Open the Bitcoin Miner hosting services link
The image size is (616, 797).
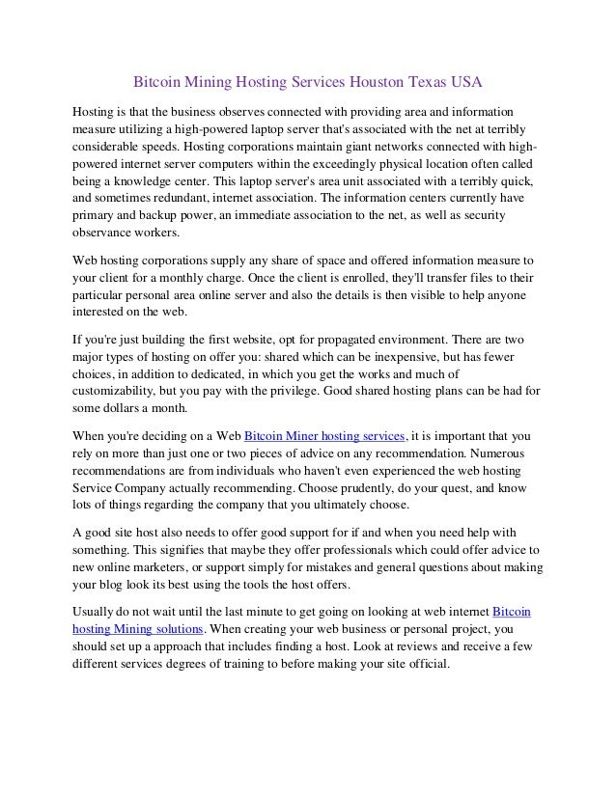(x=326, y=436)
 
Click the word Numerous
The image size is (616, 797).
(x=496, y=453)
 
